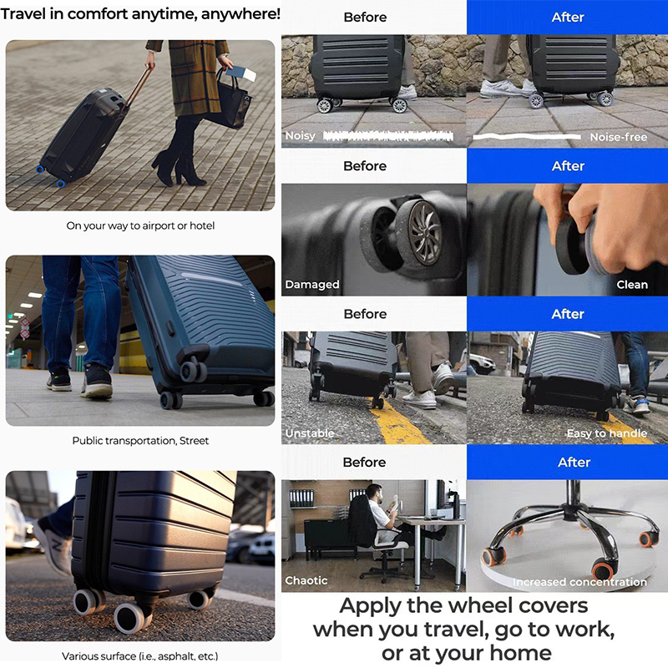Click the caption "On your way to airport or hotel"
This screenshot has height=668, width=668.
pos(140,225)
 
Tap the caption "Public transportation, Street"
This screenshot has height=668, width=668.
pos(140,441)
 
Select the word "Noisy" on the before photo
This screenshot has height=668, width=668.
pos(300,136)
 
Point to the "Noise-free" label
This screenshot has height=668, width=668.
pos(618,137)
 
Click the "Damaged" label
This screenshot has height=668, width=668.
pos(311,284)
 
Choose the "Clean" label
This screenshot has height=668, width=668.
pos(632,284)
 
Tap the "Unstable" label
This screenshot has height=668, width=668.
pos(310,433)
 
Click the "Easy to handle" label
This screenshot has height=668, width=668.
pos(607,433)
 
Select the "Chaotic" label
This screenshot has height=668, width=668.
pos(306,580)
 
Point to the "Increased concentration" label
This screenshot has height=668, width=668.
pos(579,581)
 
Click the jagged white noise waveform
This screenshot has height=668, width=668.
pos(387,136)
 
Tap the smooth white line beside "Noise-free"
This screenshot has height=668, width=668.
pos(527,136)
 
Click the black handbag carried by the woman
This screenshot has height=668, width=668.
pos(231,102)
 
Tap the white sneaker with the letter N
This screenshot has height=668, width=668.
pos(53,545)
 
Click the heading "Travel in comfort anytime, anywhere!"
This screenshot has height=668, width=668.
pos(140,13)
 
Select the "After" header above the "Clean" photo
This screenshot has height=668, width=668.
pos(568,165)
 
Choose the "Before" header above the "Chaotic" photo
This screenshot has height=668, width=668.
pos(364,463)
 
